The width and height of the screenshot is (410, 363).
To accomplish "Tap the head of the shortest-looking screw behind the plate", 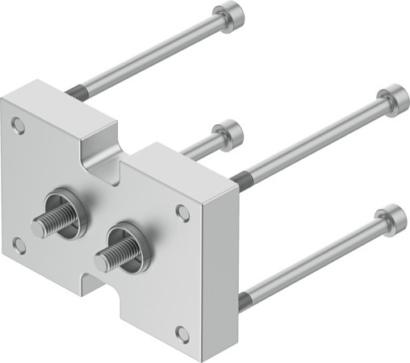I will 229,131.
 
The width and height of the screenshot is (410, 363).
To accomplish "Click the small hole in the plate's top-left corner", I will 19,124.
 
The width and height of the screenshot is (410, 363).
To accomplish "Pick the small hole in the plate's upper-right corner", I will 182,211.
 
